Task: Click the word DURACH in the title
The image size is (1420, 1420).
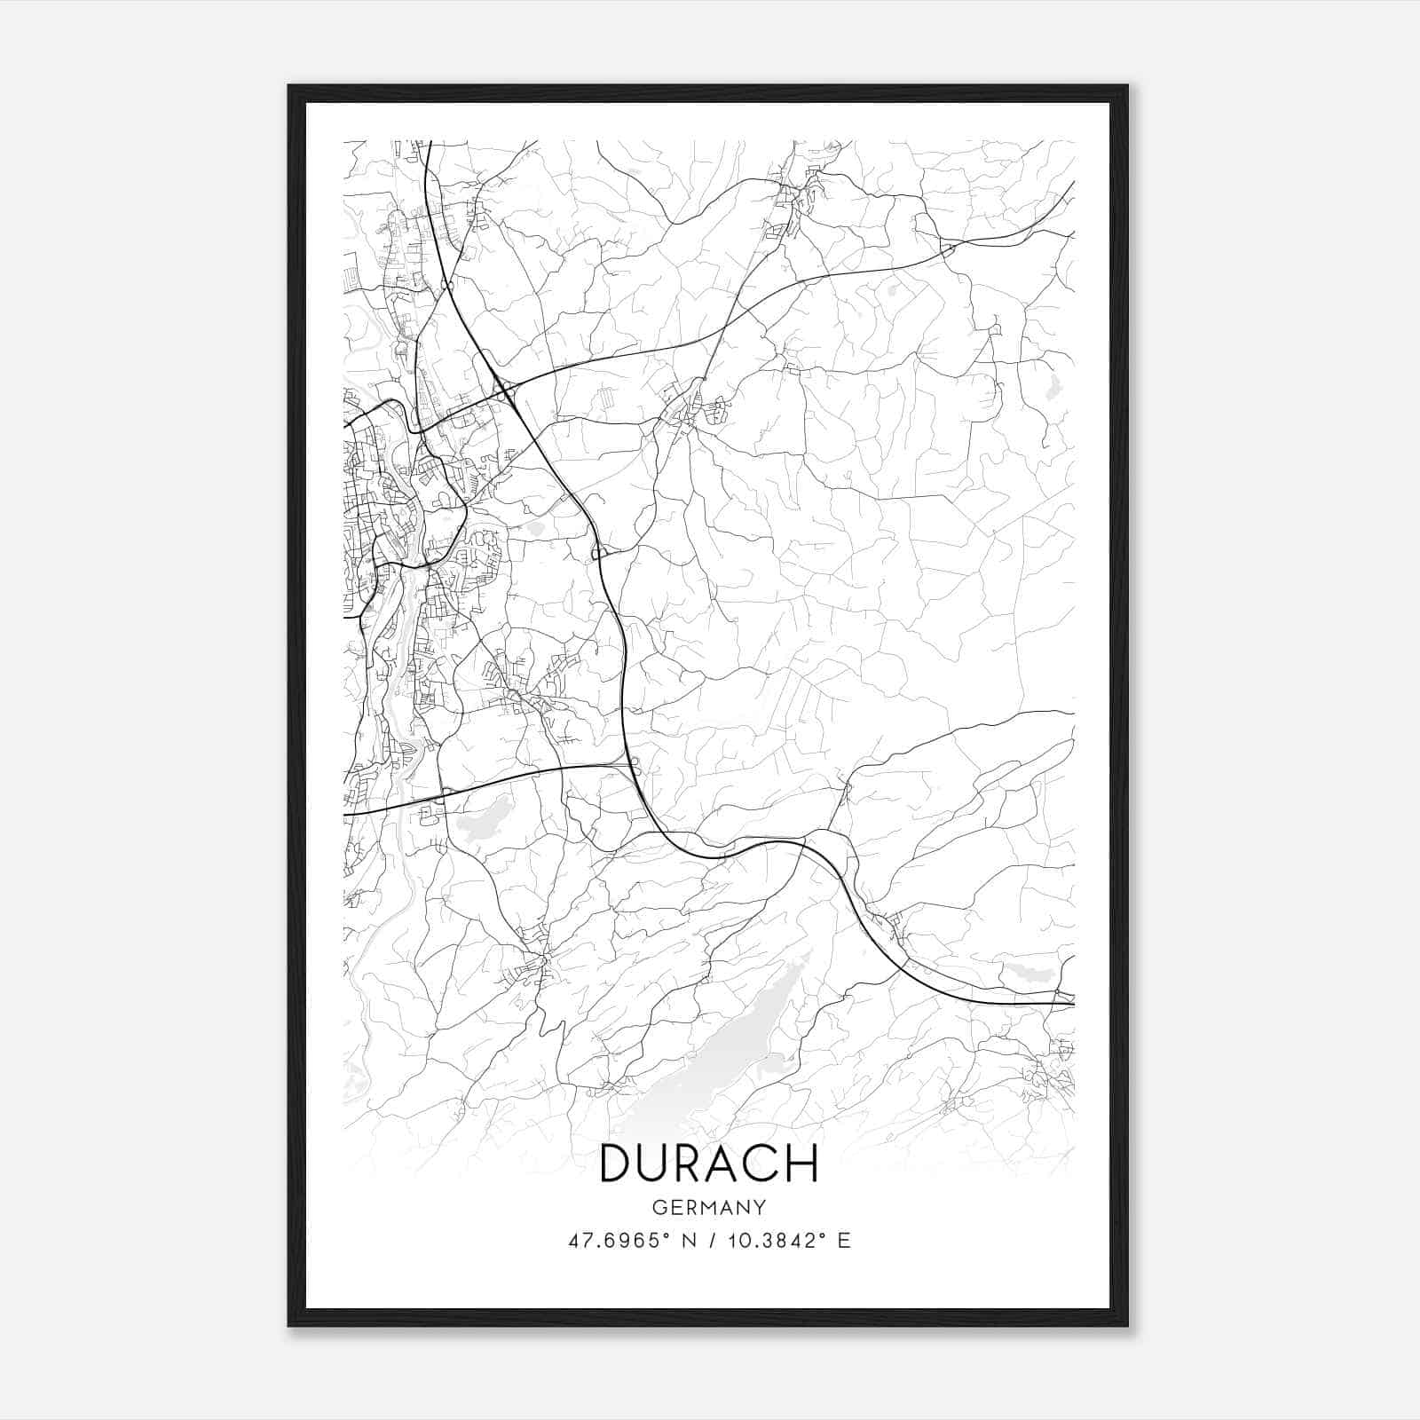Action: click(709, 1164)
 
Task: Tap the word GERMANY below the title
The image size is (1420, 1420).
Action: click(709, 1208)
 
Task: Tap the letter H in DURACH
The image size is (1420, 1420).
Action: click(801, 1164)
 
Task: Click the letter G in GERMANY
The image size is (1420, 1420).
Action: click(659, 1208)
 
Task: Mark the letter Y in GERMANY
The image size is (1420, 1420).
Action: click(760, 1208)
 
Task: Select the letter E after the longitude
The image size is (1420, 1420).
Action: click(844, 1241)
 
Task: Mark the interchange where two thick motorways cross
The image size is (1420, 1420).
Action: click(504, 390)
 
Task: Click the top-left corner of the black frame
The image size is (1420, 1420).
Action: click(289, 86)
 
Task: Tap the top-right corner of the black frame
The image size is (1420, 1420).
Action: click(1127, 86)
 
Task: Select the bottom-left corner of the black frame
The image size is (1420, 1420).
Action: click(289, 1325)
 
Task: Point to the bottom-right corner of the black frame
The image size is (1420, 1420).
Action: click(1127, 1325)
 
